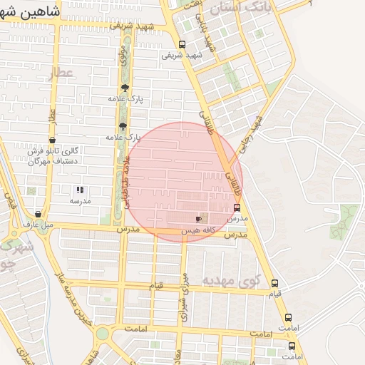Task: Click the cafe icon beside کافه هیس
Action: pos(198,220)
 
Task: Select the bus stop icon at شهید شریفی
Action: pos(182,44)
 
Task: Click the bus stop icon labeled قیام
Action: pos(275,283)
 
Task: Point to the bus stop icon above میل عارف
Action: pos(38,214)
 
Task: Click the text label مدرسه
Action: pos(79,202)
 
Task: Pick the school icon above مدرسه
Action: pos(80,190)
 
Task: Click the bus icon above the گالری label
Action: pos(52,140)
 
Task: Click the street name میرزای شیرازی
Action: pos(184,297)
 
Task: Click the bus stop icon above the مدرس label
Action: pos(237,207)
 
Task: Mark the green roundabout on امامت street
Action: pos(103,334)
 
